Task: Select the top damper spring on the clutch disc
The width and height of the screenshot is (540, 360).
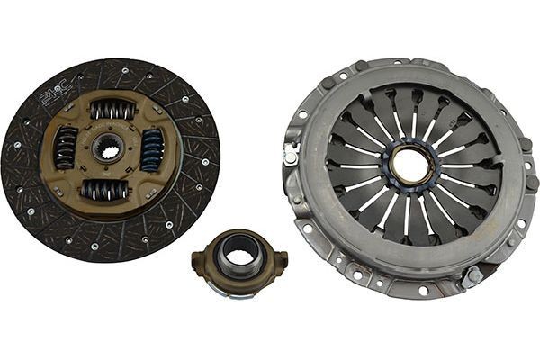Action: [x=112, y=111]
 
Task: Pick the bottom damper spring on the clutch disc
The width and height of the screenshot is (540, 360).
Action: [x=106, y=189]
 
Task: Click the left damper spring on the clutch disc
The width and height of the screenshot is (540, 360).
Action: [x=67, y=147]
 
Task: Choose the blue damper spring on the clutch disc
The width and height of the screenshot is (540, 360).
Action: [x=151, y=149]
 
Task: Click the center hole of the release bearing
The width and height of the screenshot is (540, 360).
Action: [x=238, y=255]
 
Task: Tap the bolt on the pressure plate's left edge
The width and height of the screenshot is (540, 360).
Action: [x=291, y=156]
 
